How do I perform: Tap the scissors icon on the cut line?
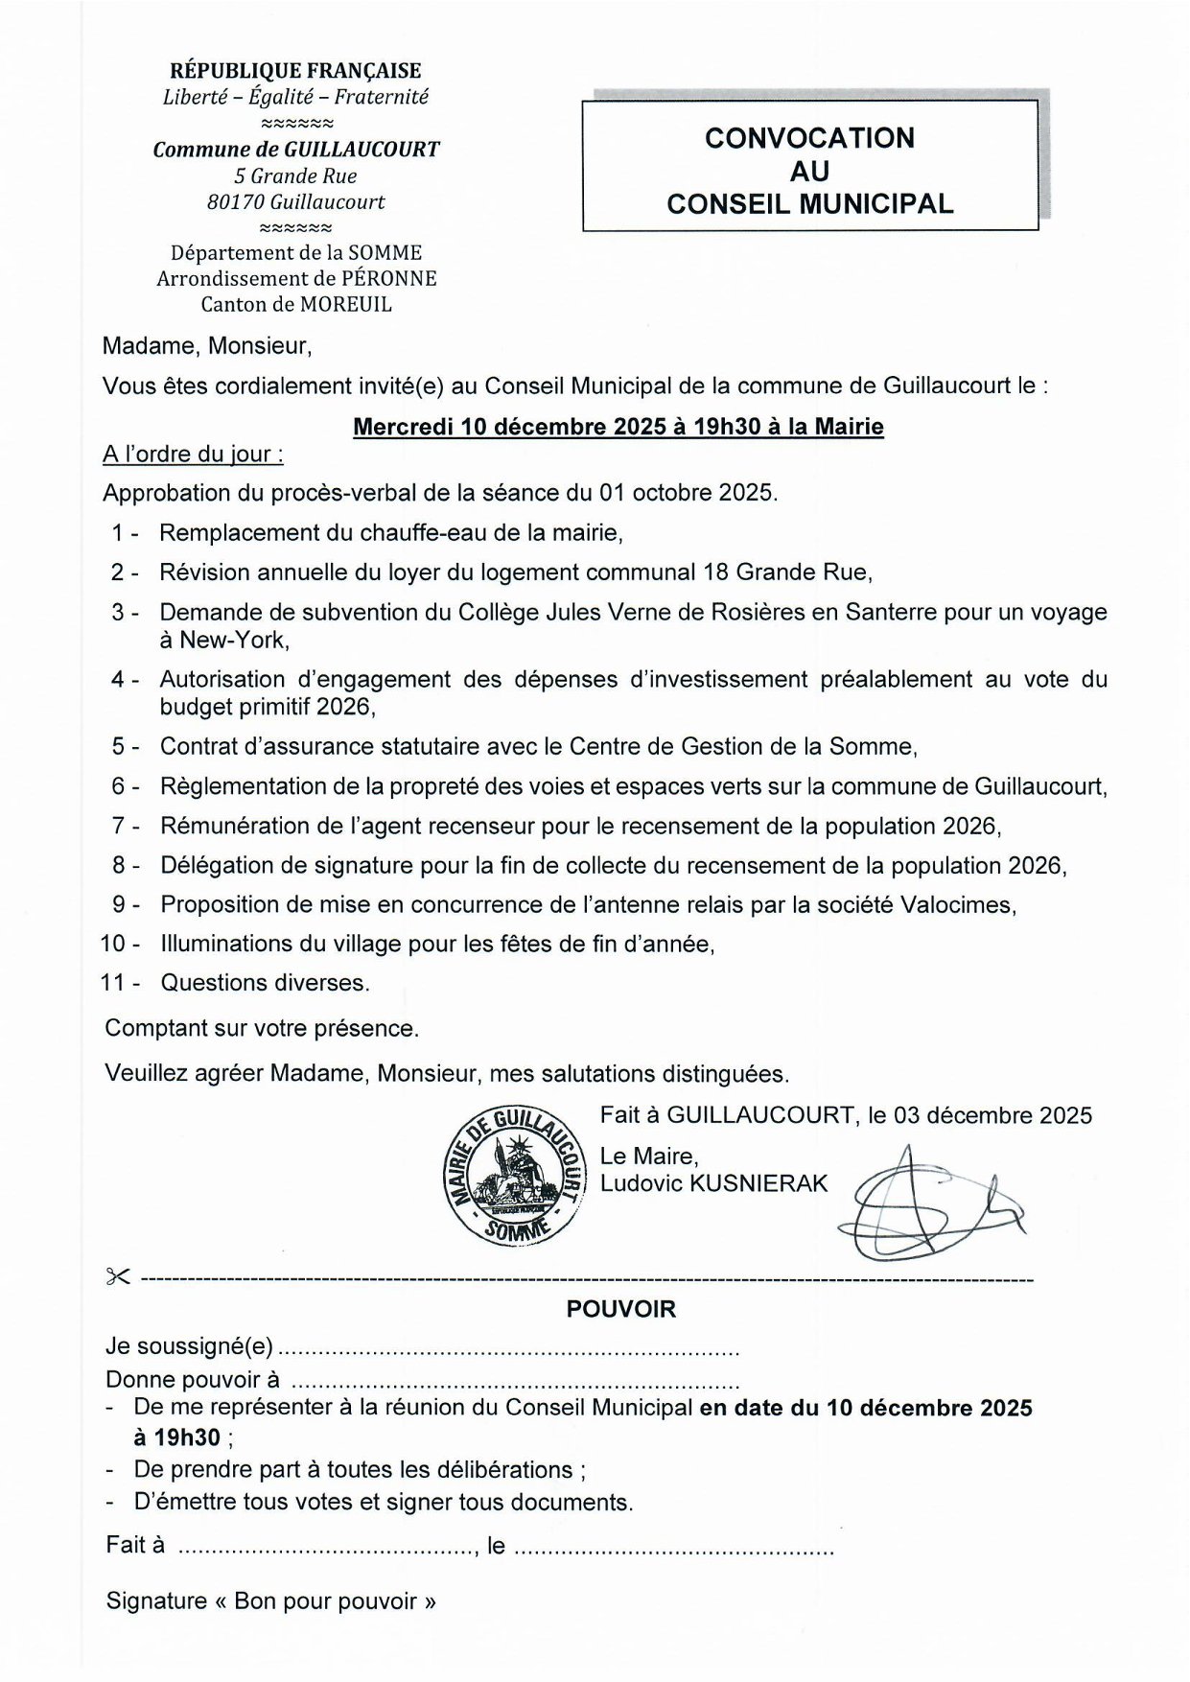(x=117, y=1276)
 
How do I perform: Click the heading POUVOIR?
(x=620, y=1309)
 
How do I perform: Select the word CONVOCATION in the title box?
(x=809, y=138)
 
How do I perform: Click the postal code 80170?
(x=236, y=202)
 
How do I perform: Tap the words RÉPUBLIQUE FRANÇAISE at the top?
(x=295, y=71)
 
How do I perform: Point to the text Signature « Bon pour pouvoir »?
(x=271, y=1600)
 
